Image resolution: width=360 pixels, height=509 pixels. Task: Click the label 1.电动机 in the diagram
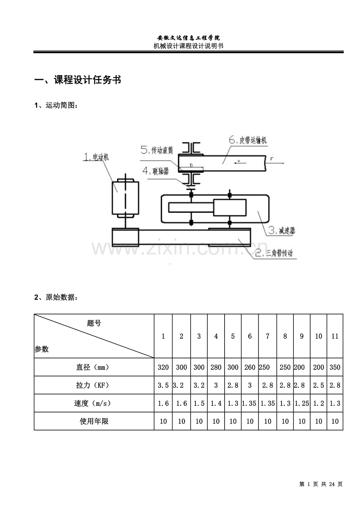pyautogui.click(x=96, y=157)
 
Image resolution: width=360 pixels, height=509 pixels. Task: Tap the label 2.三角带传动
pyautogui.click(x=274, y=253)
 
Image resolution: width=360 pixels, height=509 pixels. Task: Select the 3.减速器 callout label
pyautogui.click(x=281, y=230)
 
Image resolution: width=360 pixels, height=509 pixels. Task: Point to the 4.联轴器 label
pyautogui.click(x=156, y=171)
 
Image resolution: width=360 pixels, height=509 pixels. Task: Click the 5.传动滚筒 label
pyautogui.click(x=157, y=150)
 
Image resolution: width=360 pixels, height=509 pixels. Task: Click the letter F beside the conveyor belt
pyautogui.click(x=271, y=159)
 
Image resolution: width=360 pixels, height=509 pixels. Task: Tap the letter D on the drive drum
pyautogui.click(x=191, y=166)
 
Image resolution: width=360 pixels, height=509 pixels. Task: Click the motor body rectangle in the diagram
pyautogui.click(x=125, y=198)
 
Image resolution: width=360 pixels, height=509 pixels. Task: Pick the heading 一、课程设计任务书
pyautogui.click(x=77, y=80)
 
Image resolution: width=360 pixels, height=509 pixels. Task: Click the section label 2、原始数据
pyautogui.click(x=56, y=297)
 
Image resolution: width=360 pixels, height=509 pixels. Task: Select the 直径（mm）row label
pyautogui.click(x=92, y=367)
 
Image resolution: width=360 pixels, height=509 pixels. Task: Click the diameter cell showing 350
pyautogui.click(x=335, y=367)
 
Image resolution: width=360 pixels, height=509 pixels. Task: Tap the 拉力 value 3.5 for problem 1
pyautogui.click(x=163, y=385)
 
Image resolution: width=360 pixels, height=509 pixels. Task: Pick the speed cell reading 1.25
pyautogui.click(x=302, y=403)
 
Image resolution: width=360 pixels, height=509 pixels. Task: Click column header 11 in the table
pyautogui.click(x=335, y=336)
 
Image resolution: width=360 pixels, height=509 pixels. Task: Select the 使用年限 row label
pyautogui.click(x=94, y=421)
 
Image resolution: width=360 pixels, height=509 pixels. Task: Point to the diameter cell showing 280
pyautogui.click(x=216, y=367)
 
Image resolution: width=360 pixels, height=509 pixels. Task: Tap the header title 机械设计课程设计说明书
pyautogui.click(x=188, y=46)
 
